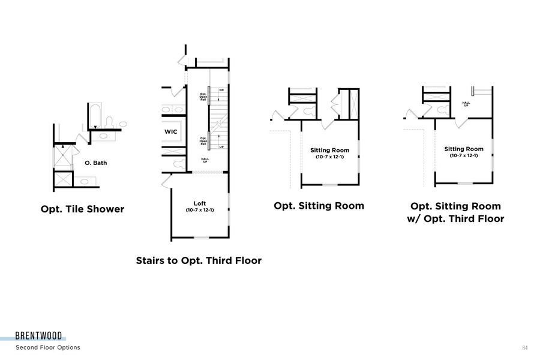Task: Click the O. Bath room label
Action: [x=96, y=163]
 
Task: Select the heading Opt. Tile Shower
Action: [x=82, y=209]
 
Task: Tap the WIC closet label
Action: [x=171, y=131]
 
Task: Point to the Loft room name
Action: [x=200, y=203]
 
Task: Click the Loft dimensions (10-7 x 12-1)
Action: [x=200, y=210]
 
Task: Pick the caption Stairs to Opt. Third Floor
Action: [x=199, y=260]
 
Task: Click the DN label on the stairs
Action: [x=221, y=90]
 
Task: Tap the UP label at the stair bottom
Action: [x=221, y=147]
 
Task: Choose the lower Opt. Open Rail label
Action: [x=203, y=141]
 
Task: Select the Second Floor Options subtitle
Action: [x=48, y=347]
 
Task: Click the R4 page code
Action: [x=524, y=347]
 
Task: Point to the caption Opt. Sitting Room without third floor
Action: [x=319, y=206]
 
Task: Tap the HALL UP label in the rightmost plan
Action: [x=466, y=103]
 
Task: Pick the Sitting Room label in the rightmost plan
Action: [x=464, y=149]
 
